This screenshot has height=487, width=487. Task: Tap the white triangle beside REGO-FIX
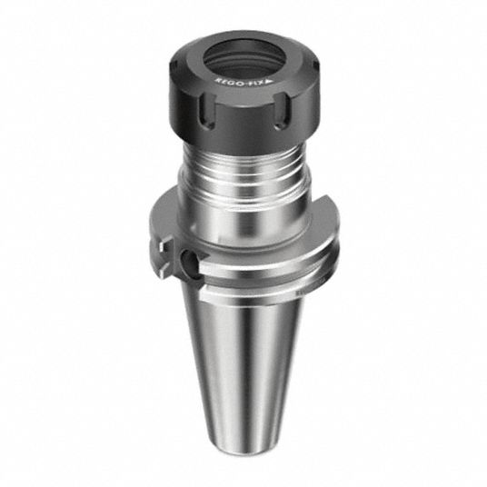[x=269, y=82]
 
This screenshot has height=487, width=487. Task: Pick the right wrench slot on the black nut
[x=282, y=111]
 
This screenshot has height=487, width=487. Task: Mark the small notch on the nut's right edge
[x=317, y=65]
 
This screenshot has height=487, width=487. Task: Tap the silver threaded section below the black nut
[x=243, y=173]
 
